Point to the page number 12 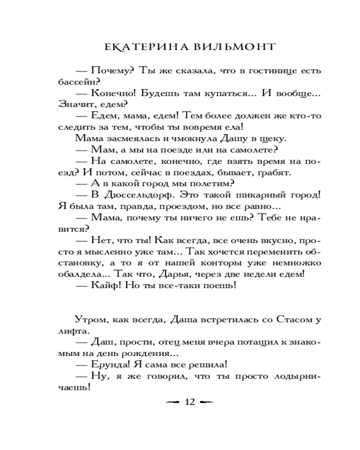pos(189,402)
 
